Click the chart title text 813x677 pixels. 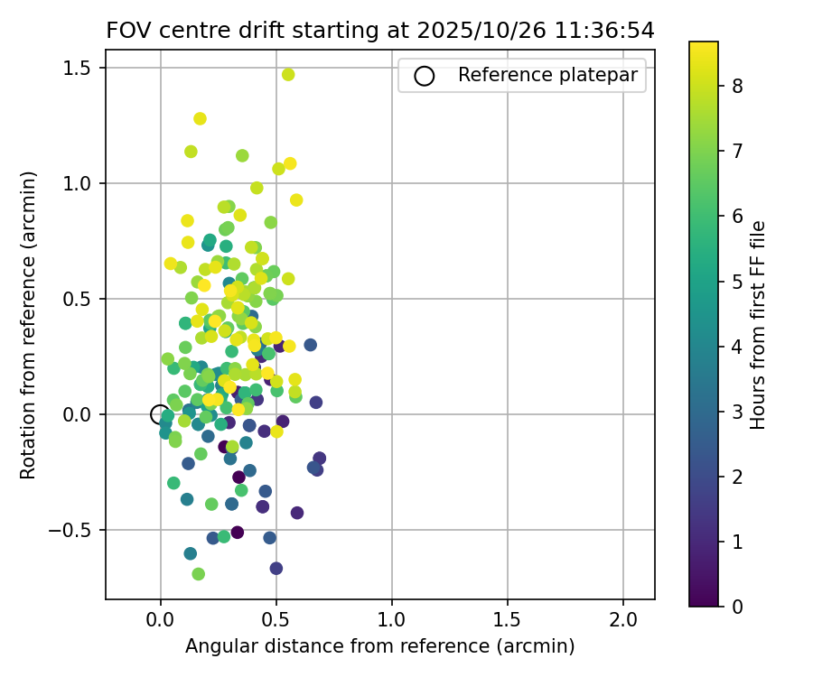[379, 31]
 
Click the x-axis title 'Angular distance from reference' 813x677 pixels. [379, 646]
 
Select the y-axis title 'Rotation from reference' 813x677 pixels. [29, 323]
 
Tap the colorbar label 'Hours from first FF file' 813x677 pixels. [759, 325]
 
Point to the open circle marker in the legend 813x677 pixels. [424, 76]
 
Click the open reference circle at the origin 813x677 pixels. [160, 414]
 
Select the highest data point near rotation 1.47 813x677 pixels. [288, 75]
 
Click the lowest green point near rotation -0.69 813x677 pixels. [198, 574]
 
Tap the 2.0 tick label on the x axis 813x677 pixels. [623, 621]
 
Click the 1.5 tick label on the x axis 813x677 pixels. [508, 621]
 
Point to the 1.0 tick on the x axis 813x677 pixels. [392, 621]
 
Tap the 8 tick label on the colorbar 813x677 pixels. [738, 87]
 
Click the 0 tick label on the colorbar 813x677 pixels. [738, 606]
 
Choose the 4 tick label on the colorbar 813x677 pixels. [738, 347]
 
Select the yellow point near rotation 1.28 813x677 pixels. [200, 118]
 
